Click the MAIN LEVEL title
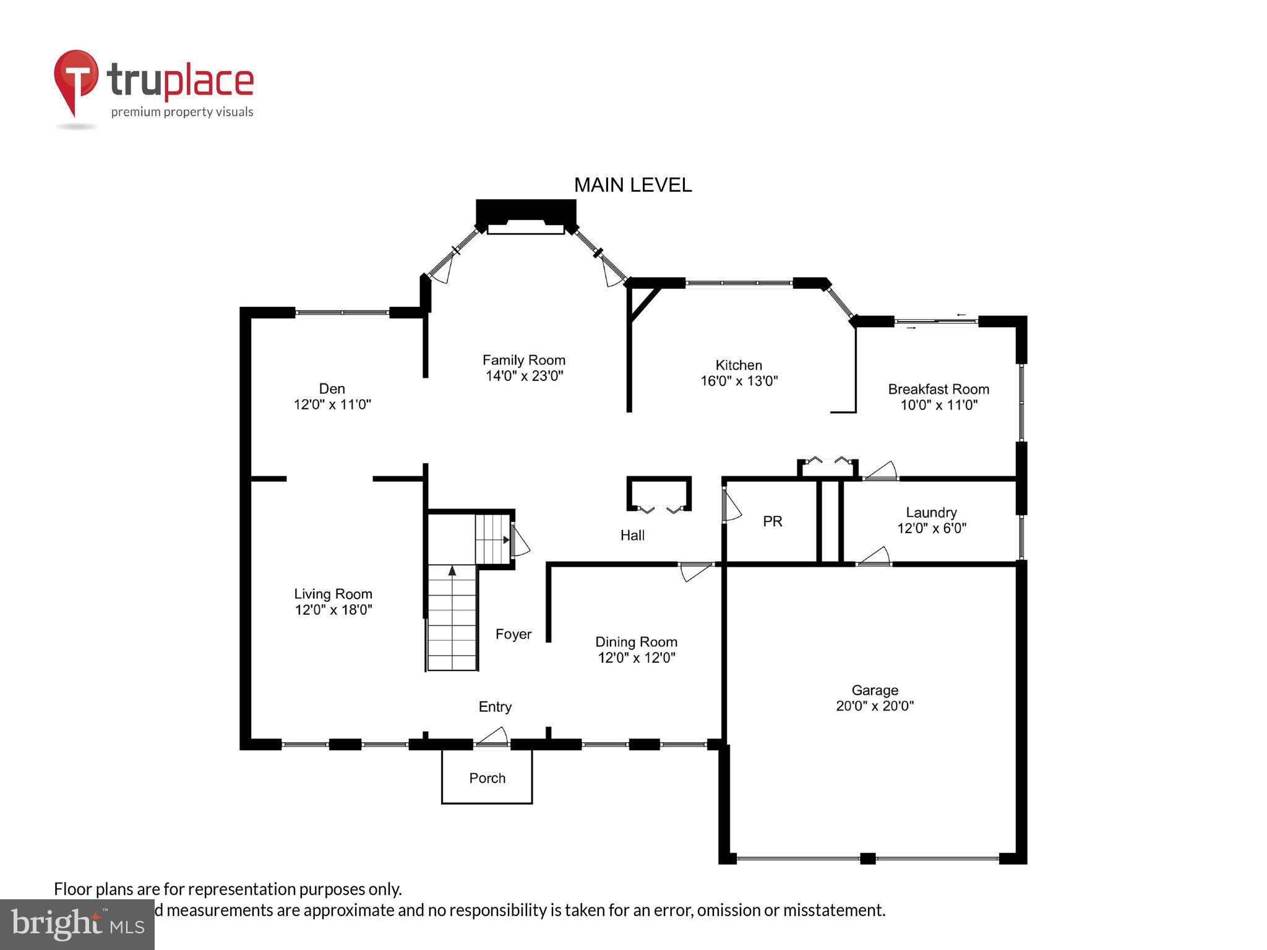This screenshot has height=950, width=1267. click(x=632, y=185)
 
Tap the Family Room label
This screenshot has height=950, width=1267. click(x=523, y=360)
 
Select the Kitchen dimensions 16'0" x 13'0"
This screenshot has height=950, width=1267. click(x=739, y=381)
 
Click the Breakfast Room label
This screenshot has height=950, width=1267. click(x=938, y=389)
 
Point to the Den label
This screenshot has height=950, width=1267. click(x=332, y=388)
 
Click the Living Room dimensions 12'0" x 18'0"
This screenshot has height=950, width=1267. click(x=333, y=610)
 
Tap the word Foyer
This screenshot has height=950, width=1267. click(x=513, y=634)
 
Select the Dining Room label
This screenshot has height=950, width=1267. click(x=636, y=642)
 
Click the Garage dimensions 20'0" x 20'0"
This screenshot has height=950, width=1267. click(x=874, y=706)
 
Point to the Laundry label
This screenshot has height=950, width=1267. click(x=931, y=512)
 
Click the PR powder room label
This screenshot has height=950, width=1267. click(x=772, y=521)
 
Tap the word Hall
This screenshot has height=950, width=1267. click(x=632, y=535)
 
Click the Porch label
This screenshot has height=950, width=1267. click(x=487, y=778)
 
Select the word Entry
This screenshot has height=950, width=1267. click(x=495, y=706)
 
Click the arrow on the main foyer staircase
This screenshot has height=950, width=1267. click(x=452, y=570)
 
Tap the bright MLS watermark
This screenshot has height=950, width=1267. click(x=77, y=924)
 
